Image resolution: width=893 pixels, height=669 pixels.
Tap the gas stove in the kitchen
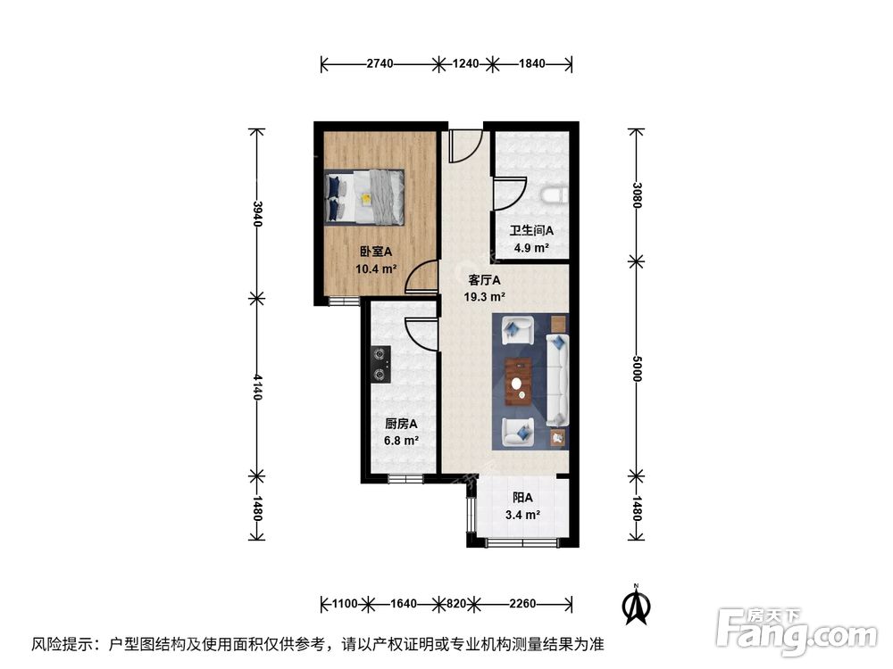pyautogui.click(x=380, y=363)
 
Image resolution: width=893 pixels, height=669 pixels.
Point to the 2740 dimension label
pyautogui.click(x=380, y=64)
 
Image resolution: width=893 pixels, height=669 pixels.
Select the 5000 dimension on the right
pyautogui.click(x=636, y=370)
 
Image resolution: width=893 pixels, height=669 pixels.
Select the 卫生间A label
pyautogui.click(x=532, y=231)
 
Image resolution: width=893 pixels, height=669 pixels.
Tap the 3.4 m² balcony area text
pyautogui.click(x=523, y=515)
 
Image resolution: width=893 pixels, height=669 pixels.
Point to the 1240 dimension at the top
pyautogui.click(x=466, y=64)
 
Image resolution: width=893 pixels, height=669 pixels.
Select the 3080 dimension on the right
pyautogui.click(x=636, y=195)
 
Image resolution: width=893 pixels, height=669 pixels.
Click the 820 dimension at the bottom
pyautogui.click(x=455, y=604)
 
